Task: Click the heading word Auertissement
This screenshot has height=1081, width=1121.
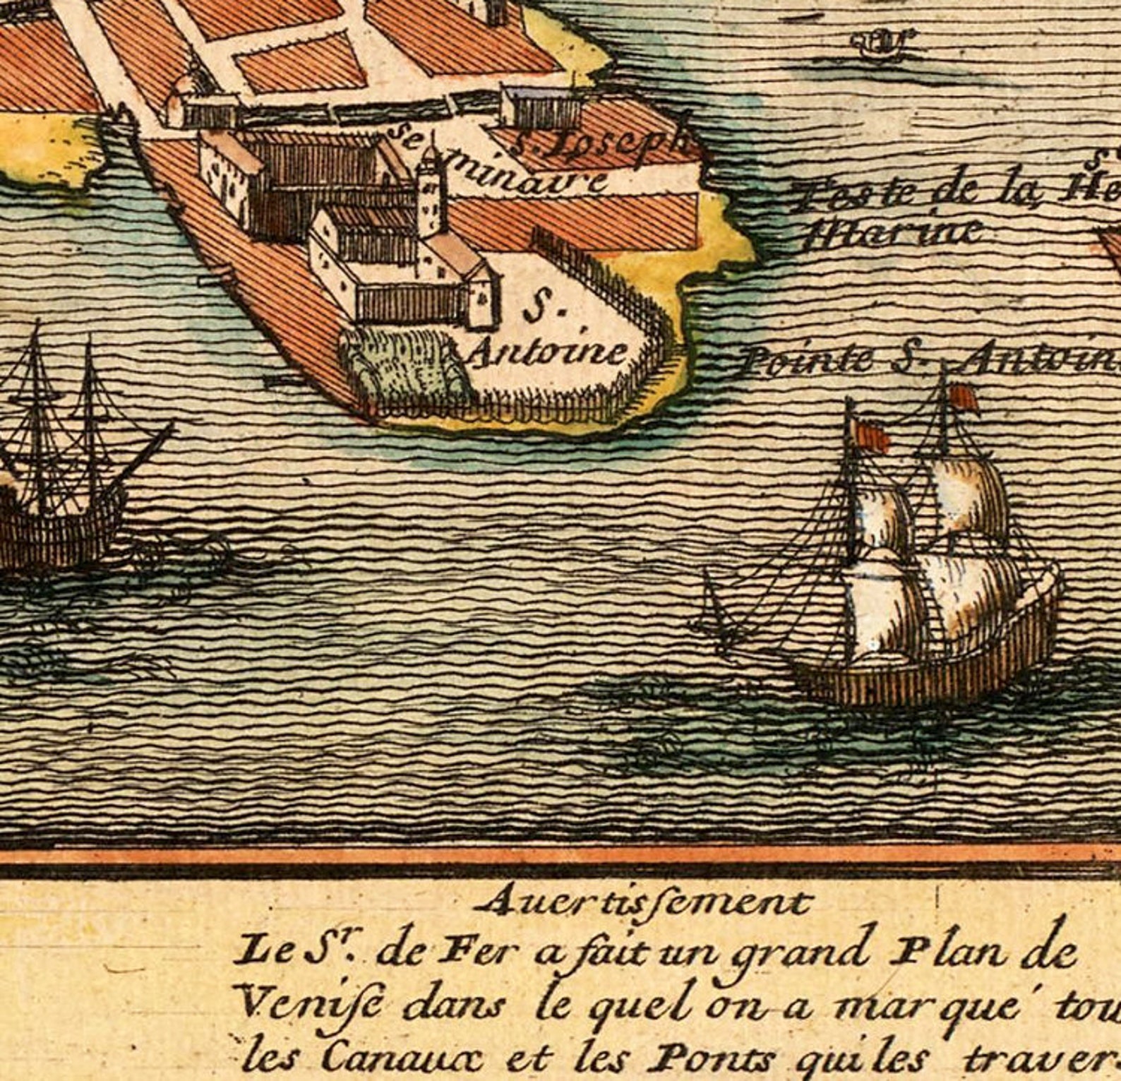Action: [x=646, y=902]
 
